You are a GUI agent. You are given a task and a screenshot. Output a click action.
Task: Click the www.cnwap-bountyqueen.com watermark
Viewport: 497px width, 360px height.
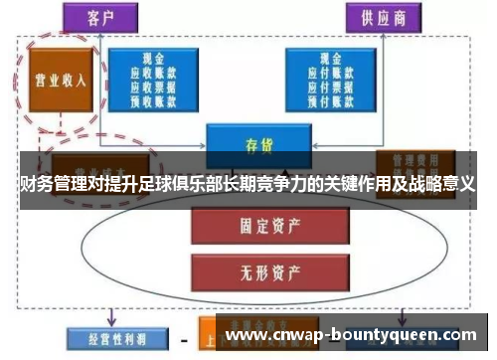pos(357,335)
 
